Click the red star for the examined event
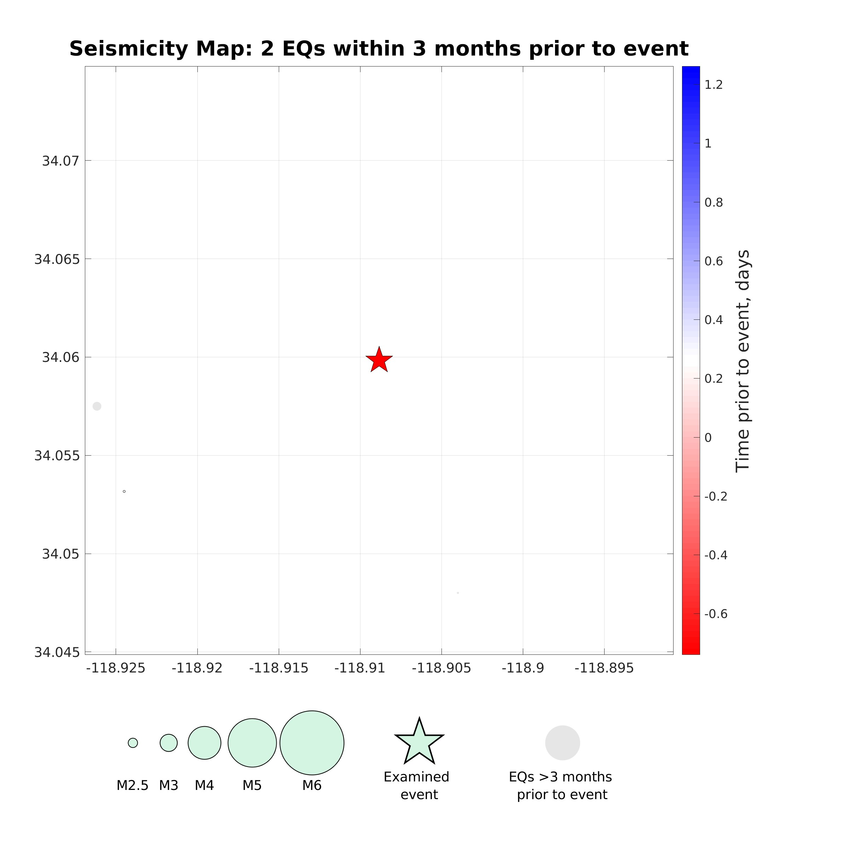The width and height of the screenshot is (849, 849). pos(379,360)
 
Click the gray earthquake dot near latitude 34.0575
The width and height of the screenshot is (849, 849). pos(97,406)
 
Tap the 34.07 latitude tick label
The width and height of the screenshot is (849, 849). pos(60,161)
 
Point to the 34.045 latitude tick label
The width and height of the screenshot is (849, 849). pos(57,653)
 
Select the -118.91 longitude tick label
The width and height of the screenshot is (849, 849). pos(360,668)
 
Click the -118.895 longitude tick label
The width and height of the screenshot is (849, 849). pos(604,668)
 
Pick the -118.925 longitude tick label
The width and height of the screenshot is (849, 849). pos(116,668)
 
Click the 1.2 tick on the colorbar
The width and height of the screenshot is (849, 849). pos(713,85)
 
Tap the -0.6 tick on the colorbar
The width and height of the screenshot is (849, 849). pos(715,614)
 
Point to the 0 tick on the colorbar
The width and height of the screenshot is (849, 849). pos(708,438)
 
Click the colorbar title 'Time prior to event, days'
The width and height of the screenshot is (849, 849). pos(743,361)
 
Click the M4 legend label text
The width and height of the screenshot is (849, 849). pos(204,785)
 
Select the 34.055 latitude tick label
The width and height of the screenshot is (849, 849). pos(57,456)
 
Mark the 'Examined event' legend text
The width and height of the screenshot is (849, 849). pos(417,786)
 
